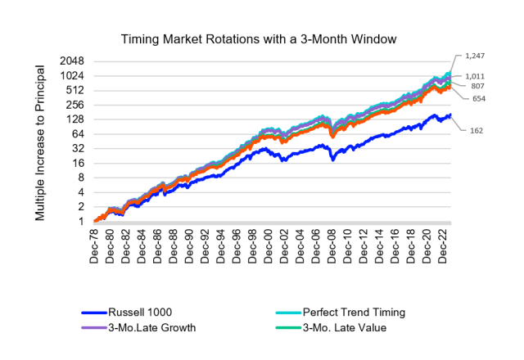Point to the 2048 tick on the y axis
[74, 61]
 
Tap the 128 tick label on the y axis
[78, 119]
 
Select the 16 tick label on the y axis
[81, 163]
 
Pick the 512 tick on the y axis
[78, 90]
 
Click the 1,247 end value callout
[473, 55]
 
